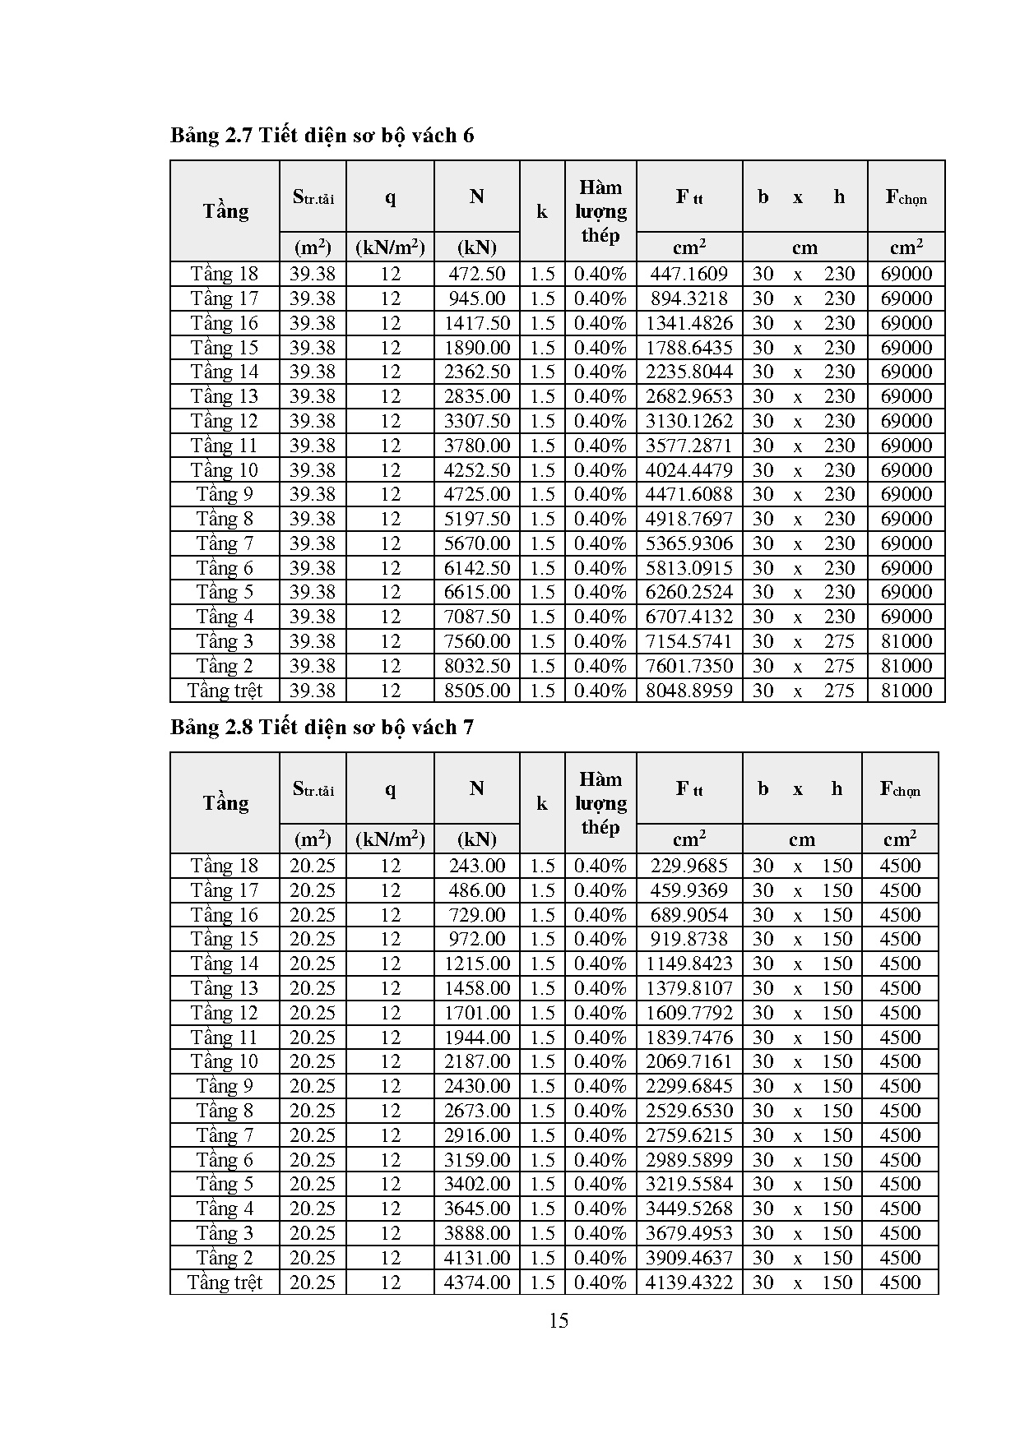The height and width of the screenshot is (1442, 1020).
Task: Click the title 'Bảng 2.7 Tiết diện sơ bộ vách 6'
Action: tap(322, 135)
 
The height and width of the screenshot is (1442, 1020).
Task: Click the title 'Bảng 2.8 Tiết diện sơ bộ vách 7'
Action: tap(322, 727)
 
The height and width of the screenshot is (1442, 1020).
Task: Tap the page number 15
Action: tap(558, 1320)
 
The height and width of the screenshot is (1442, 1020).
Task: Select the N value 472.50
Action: tap(477, 274)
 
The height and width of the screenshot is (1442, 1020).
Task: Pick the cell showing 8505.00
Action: tap(477, 691)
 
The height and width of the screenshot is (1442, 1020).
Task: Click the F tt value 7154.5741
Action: tap(689, 641)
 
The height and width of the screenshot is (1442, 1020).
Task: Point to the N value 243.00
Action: tap(477, 866)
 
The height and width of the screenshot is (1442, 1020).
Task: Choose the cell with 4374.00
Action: tap(477, 1283)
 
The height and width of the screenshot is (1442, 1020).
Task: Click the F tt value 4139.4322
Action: tap(689, 1283)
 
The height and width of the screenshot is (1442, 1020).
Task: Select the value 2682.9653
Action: tap(689, 396)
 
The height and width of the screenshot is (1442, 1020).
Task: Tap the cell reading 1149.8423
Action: tap(689, 964)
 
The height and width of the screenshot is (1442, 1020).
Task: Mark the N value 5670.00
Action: tap(477, 543)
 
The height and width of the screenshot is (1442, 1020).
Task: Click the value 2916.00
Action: tap(477, 1135)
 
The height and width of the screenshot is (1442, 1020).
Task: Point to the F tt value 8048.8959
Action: tap(689, 691)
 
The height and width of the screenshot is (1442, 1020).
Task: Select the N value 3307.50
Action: tap(477, 421)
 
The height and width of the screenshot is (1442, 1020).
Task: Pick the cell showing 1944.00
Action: tap(477, 1038)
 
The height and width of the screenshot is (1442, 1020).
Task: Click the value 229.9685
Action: tap(689, 866)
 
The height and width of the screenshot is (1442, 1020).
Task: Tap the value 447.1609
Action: tap(689, 274)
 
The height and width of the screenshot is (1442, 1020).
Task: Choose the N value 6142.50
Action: tap(477, 568)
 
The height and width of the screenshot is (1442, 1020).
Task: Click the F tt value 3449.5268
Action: tap(689, 1209)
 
